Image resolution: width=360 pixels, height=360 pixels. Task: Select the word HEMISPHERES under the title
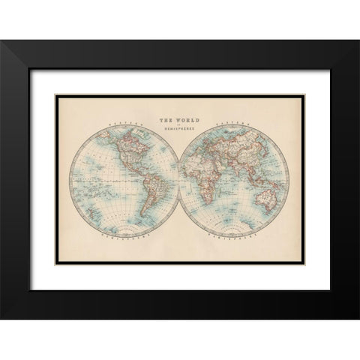click(x=179, y=129)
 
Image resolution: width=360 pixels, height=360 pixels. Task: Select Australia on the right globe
click(x=267, y=198)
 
